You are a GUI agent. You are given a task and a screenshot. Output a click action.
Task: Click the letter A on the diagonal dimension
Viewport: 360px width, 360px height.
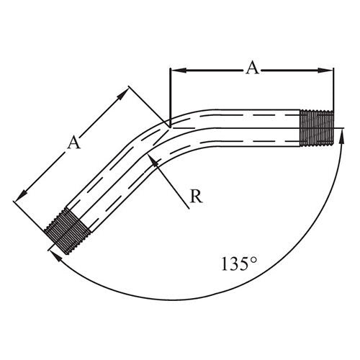(73, 143)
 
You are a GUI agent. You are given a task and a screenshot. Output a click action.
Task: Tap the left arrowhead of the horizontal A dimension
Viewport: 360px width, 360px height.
(174, 70)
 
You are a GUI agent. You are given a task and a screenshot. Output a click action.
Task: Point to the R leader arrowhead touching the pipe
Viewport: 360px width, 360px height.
(155, 160)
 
